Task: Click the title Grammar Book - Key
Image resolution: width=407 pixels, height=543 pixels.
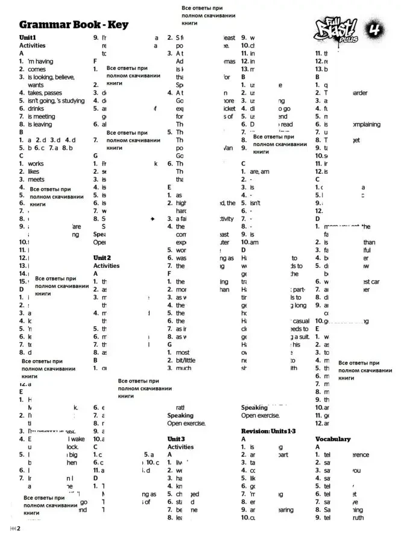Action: click(x=74, y=25)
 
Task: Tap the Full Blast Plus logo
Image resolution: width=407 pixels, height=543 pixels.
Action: click(x=337, y=29)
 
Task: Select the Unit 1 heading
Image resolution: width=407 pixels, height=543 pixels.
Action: click(x=28, y=37)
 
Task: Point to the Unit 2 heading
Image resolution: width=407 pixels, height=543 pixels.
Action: click(x=106, y=258)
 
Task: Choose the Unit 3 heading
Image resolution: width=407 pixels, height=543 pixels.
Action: click(x=180, y=439)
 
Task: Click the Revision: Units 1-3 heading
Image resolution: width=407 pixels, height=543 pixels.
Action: click(x=268, y=431)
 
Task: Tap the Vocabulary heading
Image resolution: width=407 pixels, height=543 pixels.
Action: click(x=332, y=439)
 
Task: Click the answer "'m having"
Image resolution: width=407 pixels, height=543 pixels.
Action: click(x=40, y=62)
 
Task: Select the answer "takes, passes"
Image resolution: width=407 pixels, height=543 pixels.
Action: click(x=45, y=93)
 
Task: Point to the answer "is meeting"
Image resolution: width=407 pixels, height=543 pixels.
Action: click(x=41, y=116)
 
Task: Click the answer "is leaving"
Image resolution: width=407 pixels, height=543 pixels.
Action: click(x=40, y=124)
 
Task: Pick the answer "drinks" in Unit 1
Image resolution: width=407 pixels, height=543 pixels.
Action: click(x=36, y=109)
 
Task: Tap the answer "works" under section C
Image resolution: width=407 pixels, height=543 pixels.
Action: click(x=36, y=164)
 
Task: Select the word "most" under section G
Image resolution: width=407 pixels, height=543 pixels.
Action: click(x=183, y=352)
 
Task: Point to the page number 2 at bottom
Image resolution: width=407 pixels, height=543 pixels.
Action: click(x=19, y=529)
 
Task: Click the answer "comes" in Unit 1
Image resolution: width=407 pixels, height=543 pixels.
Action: click(x=36, y=69)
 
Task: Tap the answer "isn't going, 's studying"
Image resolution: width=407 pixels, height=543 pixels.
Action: click(x=56, y=101)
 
